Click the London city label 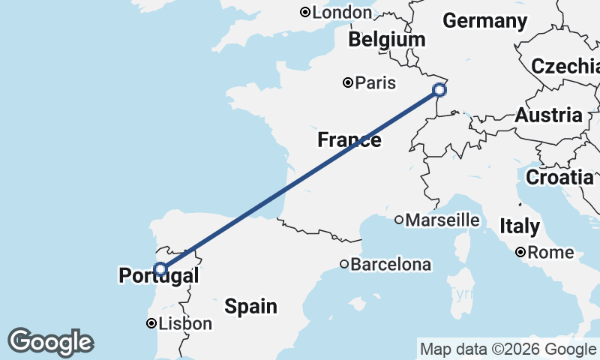tap(341, 13)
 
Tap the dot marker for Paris tap(348, 82)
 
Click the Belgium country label tap(386, 39)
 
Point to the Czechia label tap(565, 66)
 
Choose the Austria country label tap(548, 115)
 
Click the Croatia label tap(559, 178)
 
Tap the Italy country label tap(519, 226)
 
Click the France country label tap(349, 140)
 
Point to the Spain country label tap(250, 306)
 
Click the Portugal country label tap(159, 276)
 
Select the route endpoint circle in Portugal tap(160, 268)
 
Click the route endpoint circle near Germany tap(439, 91)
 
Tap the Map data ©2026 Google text tap(507, 349)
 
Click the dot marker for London tap(305, 12)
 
